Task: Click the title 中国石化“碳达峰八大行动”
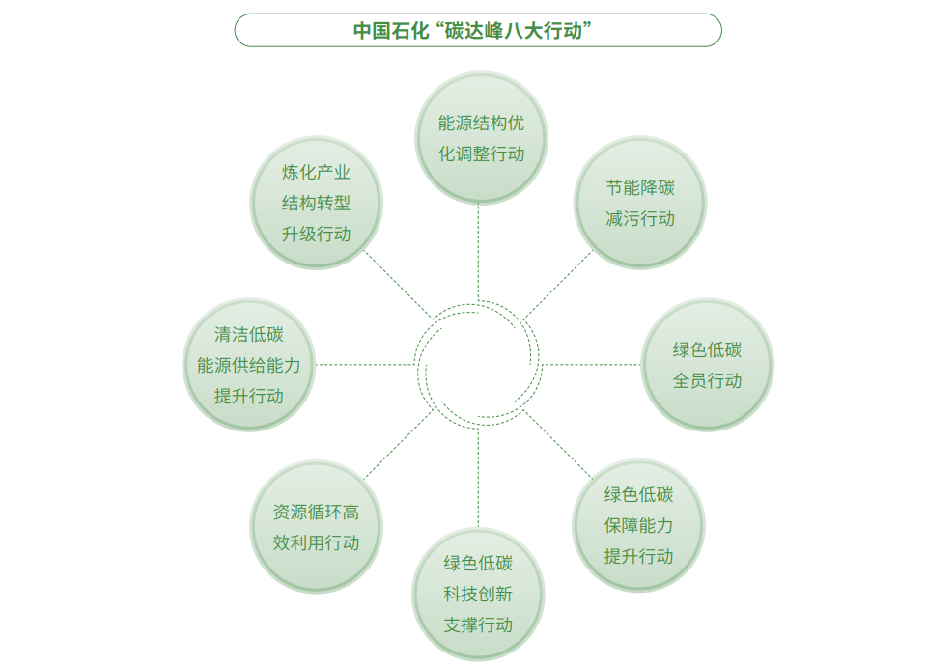[472, 30]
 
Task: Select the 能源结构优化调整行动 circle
[481, 138]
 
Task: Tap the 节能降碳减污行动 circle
[640, 203]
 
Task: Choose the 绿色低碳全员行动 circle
[707, 365]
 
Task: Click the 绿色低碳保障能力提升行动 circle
[638, 525]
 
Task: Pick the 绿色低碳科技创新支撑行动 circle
[478, 594]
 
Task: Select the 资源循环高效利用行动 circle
[317, 527]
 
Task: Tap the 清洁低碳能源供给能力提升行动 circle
[249, 365]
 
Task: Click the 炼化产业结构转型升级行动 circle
[317, 203]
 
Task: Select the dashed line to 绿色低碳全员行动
[591, 365]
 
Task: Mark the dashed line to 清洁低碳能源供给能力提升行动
[365, 365]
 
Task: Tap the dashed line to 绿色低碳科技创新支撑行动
[478, 477]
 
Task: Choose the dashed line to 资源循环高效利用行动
[399, 444]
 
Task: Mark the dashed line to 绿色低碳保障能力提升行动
[557, 444]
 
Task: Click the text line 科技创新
[478, 594]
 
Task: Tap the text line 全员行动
[707, 380]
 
